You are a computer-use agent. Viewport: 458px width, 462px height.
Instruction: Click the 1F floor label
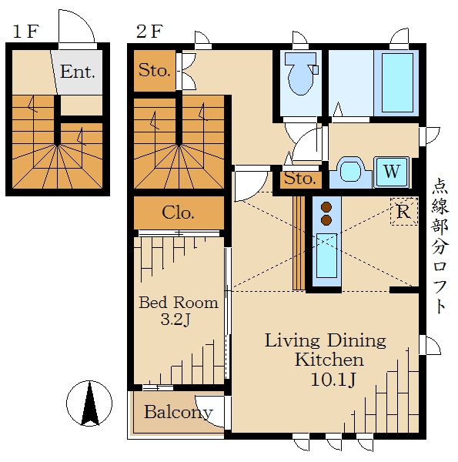tap(26, 32)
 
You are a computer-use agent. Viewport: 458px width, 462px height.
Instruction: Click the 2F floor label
tap(149, 32)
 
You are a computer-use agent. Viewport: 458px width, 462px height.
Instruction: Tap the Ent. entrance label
tap(78, 72)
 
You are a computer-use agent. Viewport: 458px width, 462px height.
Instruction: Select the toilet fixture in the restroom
tap(301, 74)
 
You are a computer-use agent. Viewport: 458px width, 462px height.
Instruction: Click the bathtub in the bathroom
tap(397, 83)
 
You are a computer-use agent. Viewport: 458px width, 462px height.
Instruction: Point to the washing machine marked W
tap(392, 172)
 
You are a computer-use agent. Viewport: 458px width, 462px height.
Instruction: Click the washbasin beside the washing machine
tap(350, 172)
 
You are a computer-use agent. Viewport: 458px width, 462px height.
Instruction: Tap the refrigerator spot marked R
tap(404, 211)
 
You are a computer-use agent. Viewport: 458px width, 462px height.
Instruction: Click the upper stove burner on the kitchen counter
tap(326, 207)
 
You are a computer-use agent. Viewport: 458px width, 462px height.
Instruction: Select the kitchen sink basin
tap(326, 256)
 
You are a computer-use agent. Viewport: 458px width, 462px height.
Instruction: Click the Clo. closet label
tap(178, 213)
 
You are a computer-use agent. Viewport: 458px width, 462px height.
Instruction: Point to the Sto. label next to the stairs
tap(155, 70)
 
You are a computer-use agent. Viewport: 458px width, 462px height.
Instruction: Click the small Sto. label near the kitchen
tap(300, 179)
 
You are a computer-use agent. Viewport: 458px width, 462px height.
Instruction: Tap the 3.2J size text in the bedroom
tap(176, 319)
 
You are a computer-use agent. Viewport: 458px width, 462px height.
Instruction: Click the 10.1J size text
tap(333, 380)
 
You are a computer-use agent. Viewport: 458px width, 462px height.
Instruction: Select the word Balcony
tap(178, 413)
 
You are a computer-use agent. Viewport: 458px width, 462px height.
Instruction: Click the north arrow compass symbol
tap(89, 403)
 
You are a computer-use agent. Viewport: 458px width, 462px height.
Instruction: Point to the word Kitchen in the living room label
tap(329, 360)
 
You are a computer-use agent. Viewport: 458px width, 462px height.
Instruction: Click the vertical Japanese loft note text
tap(440, 246)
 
